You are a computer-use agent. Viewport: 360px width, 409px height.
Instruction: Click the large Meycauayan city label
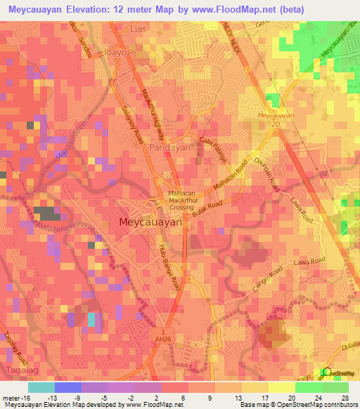pyautogui.click(x=151, y=221)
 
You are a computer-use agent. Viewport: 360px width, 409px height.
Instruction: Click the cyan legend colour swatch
pyautogui.click(x=41, y=387)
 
